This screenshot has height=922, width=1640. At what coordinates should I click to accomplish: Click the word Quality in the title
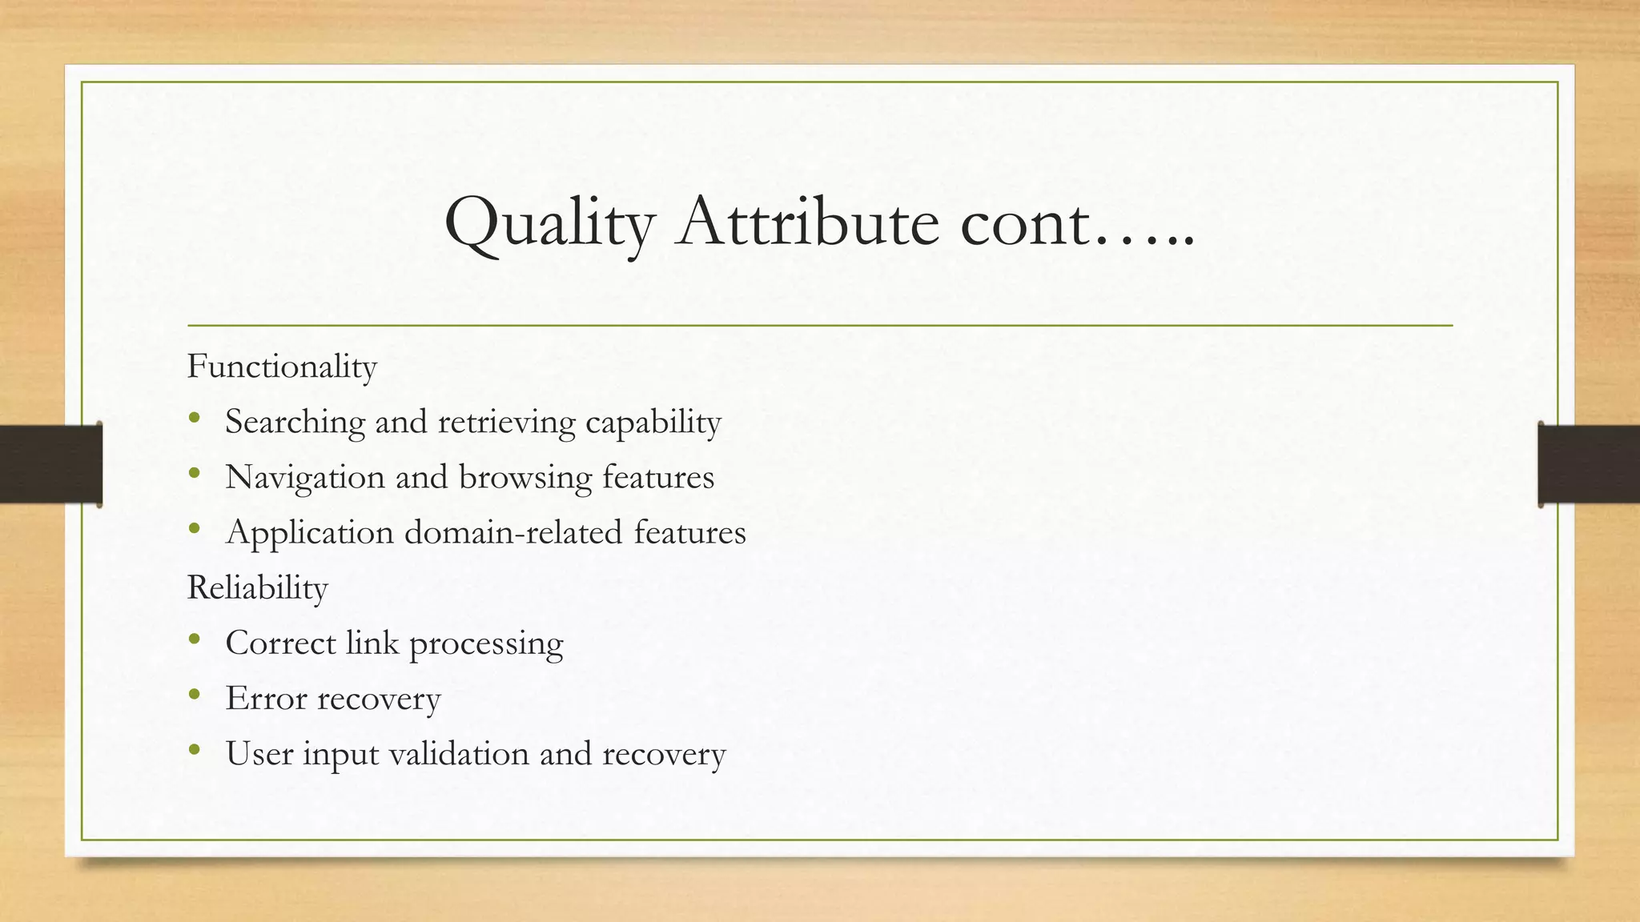click(x=549, y=223)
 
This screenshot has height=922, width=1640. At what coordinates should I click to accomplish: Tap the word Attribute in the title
click(x=807, y=222)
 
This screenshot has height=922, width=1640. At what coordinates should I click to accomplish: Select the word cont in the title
click(x=1025, y=223)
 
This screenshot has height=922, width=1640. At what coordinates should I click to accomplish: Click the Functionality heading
click(x=282, y=367)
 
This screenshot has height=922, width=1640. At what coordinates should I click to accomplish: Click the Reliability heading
click(x=257, y=588)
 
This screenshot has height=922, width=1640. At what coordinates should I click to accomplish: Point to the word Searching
click(x=295, y=423)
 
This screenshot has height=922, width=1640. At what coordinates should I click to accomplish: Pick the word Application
click(x=309, y=533)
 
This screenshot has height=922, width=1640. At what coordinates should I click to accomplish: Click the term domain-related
click(x=512, y=533)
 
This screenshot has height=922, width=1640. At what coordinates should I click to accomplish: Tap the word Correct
click(x=280, y=643)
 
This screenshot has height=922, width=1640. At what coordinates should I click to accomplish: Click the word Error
click(x=266, y=699)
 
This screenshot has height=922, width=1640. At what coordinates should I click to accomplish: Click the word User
click(x=259, y=754)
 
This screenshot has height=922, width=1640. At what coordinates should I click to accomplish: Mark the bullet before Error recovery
click(x=194, y=696)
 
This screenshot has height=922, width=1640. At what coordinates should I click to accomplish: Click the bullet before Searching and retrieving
click(x=194, y=419)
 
